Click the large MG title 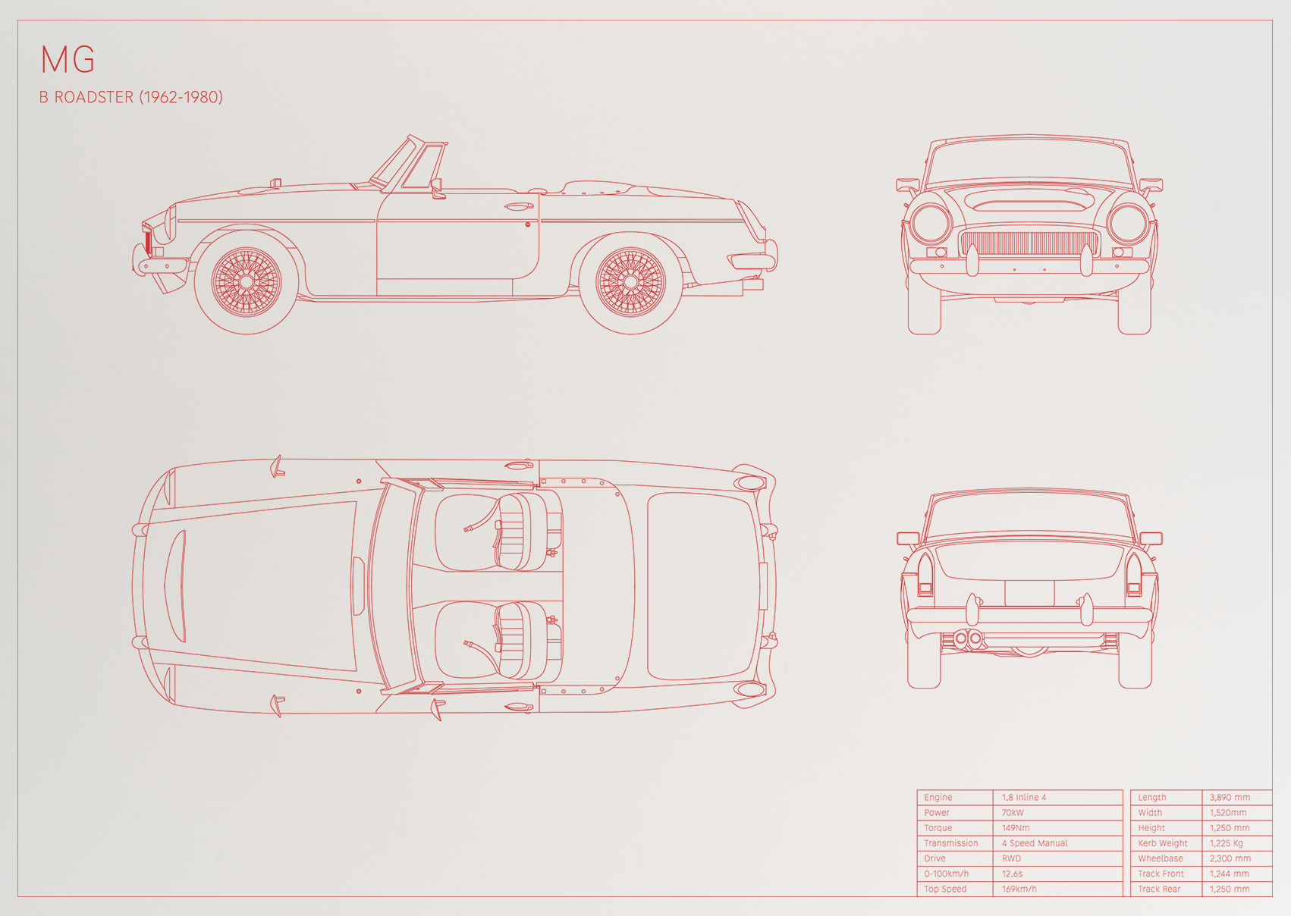click(x=68, y=59)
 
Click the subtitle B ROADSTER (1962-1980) click(x=130, y=97)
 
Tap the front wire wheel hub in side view click(x=246, y=282)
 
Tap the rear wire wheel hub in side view click(x=630, y=282)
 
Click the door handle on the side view click(x=519, y=206)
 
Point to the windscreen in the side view click(x=408, y=164)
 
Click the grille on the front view click(x=1029, y=243)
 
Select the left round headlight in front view click(x=930, y=224)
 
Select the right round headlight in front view click(x=1129, y=224)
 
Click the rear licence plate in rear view click(x=1029, y=593)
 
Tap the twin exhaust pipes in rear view click(x=968, y=639)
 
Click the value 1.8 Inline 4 click(x=1023, y=797)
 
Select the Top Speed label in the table click(x=945, y=889)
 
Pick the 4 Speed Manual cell click(x=1035, y=843)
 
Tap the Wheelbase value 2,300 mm click(x=1230, y=858)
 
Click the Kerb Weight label click(x=1163, y=843)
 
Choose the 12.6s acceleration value click(x=1012, y=874)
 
